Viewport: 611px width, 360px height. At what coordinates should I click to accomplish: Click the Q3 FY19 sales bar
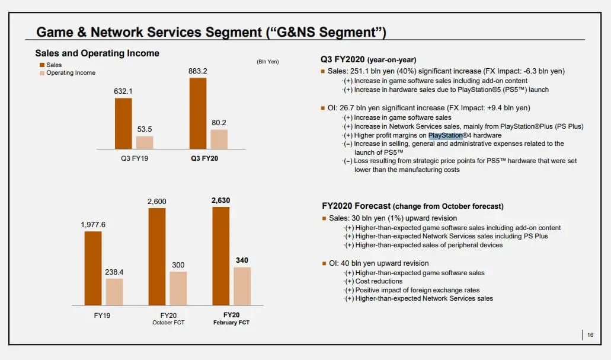pyautogui.click(x=123, y=123)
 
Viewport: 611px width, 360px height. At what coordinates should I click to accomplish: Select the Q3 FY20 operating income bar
pyautogui.click(x=219, y=139)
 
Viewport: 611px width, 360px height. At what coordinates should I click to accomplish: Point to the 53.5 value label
pyautogui.click(x=145, y=129)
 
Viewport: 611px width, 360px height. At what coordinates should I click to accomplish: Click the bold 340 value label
pyautogui.click(x=242, y=260)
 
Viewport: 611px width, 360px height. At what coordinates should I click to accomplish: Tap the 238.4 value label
pyautogui.click(x=114, y=272)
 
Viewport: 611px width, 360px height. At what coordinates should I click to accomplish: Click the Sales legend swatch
pyautogui.click(x=42, y=65)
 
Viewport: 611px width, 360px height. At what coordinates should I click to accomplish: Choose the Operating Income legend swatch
pyautogui.click(x=42, y=73)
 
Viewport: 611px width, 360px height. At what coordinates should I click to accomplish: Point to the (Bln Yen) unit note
pyautogui.click(x=268, y=62)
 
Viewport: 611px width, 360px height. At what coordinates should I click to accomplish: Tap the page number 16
pyautogui.click(x=590, y=335)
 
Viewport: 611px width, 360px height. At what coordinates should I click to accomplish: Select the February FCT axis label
pyautogui.click(x=231, y=322)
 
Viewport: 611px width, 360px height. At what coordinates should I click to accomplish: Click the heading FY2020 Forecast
pyautogui.click(x=356, y=206)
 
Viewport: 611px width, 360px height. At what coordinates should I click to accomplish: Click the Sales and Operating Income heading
pyautogui.click(x=97, y=53)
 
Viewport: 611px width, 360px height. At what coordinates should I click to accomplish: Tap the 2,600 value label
pyautogui.click(x=157, y=202)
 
